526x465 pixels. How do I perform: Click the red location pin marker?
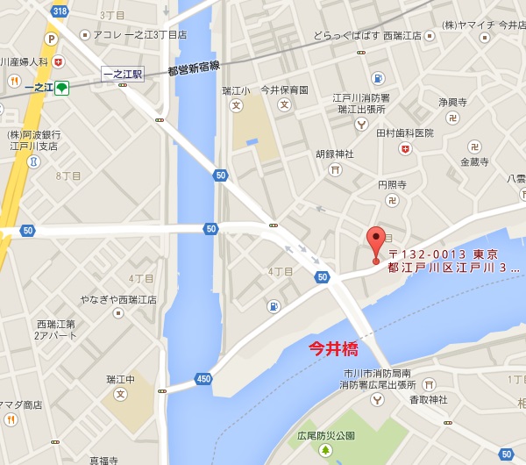376,240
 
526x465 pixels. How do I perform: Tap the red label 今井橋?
333,348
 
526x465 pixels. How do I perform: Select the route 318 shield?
60,11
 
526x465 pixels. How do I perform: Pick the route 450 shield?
203,379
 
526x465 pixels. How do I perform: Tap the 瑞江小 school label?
236,90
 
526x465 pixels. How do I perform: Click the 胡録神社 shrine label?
335,154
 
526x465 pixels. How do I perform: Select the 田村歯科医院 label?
405,132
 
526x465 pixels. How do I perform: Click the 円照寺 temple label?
392,185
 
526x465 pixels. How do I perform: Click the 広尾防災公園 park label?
326,435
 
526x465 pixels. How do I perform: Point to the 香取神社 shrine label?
428,399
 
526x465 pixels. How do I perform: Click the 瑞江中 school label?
121,379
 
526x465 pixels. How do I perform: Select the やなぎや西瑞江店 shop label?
119,299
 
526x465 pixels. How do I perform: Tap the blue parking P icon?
51,39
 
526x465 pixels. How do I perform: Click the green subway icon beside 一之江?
61,88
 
